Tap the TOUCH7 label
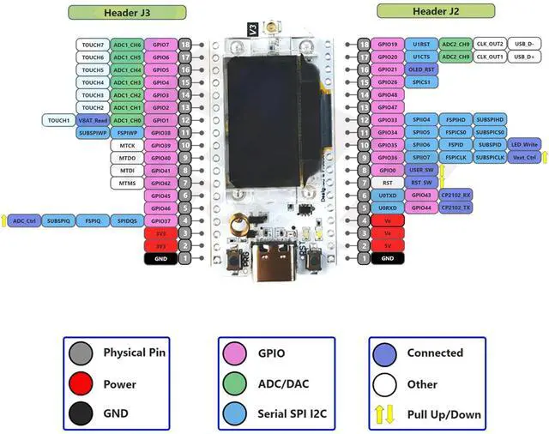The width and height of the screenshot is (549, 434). (x=94, y=45)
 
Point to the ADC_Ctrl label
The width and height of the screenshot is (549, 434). (x=24, y=220)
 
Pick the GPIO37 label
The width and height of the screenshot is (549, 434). (x=160, y=220)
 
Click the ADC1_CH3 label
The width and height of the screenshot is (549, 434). (x=127, y=82)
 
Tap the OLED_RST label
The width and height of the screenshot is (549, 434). (x=421, y=69)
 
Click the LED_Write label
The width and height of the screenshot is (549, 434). (x=524, y=145)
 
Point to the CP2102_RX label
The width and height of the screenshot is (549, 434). (x=455, y=196)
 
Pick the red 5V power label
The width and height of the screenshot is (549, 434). (x=388, y=245)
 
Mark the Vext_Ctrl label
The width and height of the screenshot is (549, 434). (x=524, y=158)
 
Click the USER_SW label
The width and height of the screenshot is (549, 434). (x=421, y=170)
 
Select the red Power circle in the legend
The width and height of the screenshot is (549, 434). (x=81, y=384)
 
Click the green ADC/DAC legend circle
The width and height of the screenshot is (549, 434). (x=233, y=384)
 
